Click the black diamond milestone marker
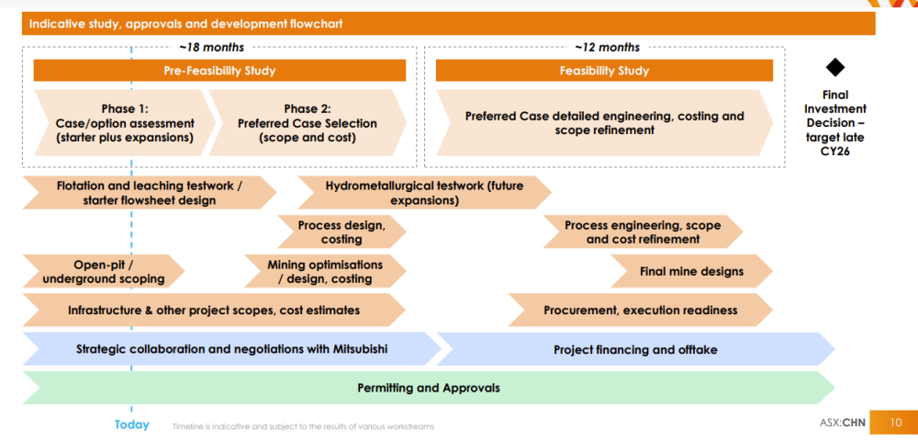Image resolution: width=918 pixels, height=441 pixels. coord(834,67)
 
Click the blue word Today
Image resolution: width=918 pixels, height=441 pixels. coord(131,424)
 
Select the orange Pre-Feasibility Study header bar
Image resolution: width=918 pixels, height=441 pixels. coord(219,71)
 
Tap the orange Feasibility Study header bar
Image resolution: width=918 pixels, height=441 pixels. coord(604,71)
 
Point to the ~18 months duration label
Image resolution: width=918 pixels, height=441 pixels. coord(212,48)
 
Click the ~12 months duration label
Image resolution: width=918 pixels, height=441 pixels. coord(607,48)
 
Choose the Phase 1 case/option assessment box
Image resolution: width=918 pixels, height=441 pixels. coord(125,123)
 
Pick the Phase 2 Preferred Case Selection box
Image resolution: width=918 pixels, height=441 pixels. coord(308,123)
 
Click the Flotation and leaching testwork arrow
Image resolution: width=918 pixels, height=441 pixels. coord(150,193)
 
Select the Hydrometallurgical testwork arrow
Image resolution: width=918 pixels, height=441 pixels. coord(424,193)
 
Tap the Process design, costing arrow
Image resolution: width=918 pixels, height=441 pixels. coord(341,232)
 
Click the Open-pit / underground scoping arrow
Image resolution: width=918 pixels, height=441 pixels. coord(104,271)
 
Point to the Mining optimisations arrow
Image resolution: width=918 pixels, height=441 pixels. coord(325,271)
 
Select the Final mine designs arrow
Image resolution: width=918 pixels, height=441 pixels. coord(691,271)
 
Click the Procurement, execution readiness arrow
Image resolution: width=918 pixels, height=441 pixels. coord(641,310)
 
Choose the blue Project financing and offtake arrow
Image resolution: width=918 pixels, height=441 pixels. coord(636,350)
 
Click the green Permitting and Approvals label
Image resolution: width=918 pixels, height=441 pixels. coord(429,388)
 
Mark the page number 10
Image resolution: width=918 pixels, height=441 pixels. coord(896,423)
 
